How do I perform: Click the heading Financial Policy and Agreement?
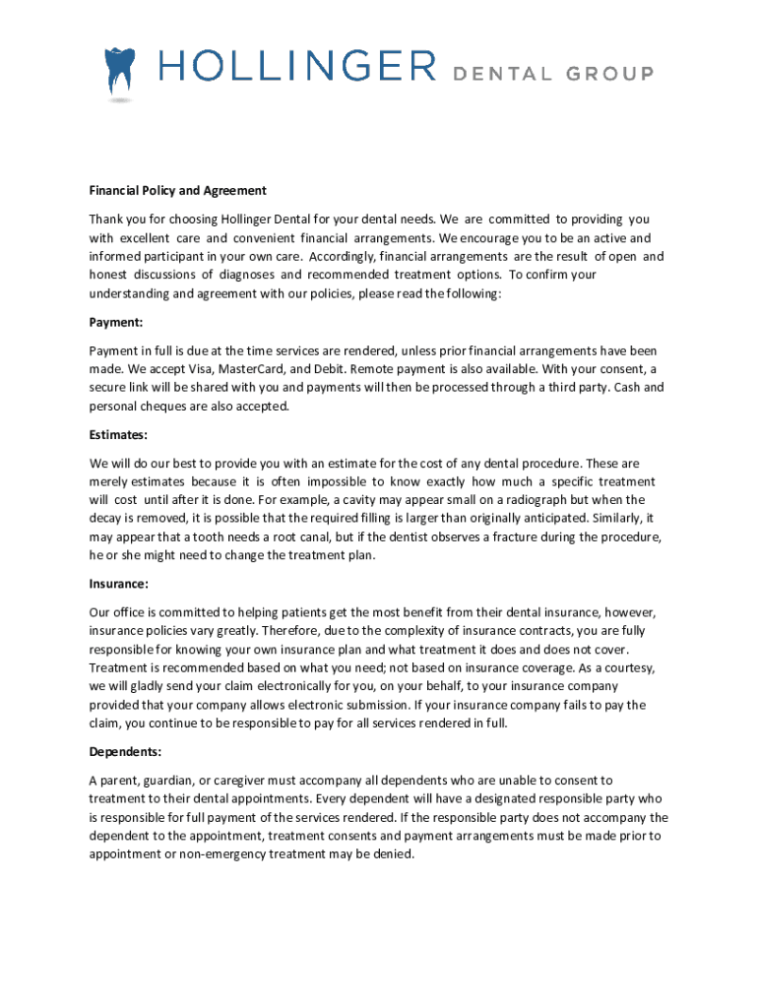pyautogui.click(x=178, y=191)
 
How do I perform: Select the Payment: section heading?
pyautogui.click(x=117, y=321)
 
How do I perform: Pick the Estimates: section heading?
pyautogui.click(x=119, y=433)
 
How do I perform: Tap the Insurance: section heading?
pyautogui.click(x=119, y=584)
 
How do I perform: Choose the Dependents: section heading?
pyautogui.click(x=126, y=752)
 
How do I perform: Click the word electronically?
pyautogui.click(x=286, y=687)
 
